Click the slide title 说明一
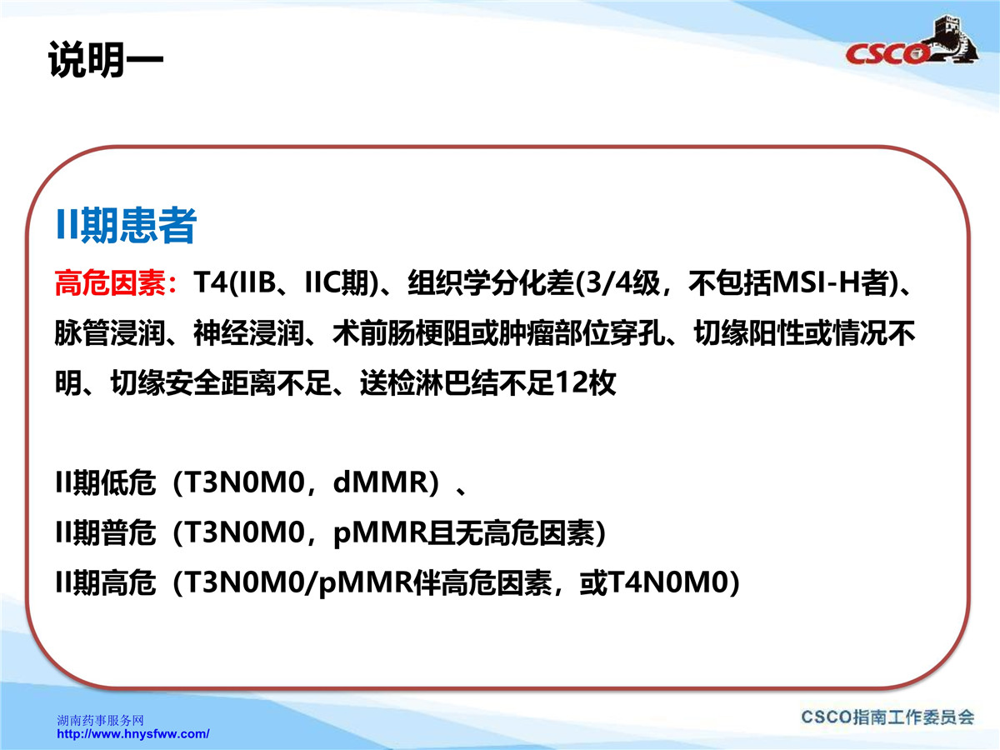click(x=105, y=60)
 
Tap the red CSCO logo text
click(x=886, y=53)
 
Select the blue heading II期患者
click(x=126, y=225)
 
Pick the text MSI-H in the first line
click(x=817, y=282)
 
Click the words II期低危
click(x=105, y=482)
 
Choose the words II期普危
click(x=105, y=532)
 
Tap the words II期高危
click(x=105, y=582)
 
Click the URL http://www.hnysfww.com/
click(x=133, y=734)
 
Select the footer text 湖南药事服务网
click(x=100, y=720)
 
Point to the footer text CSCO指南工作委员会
click(x=887, y=717)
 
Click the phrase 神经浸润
click(x=249, y=332)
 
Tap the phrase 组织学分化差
click(x=491, y=282)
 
